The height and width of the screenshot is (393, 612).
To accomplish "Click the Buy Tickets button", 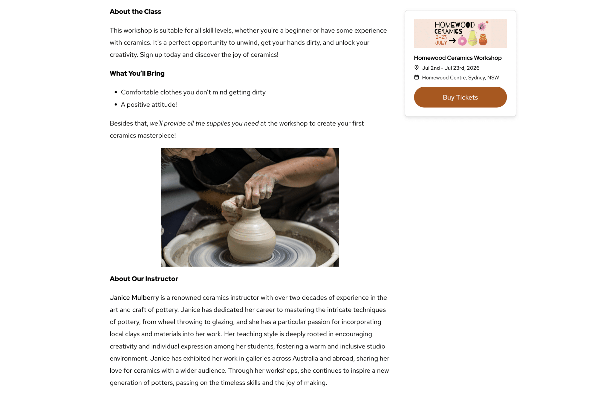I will pyautogui.click(x=460, y=97).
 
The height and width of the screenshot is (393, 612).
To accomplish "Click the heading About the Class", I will pyautogui.click(x=135, y=12).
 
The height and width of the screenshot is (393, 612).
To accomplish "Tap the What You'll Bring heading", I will pyautogui.click(x=137, y=73).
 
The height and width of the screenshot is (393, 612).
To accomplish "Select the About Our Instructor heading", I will pyautogui.click(x=144, y=279).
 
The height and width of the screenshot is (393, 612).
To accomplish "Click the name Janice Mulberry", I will pyautogui.click(x=134, y=297).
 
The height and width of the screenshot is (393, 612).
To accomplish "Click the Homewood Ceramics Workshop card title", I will pyautogui.click(x=458, y=58).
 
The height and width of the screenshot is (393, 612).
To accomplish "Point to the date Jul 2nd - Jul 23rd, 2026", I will pyautogui.click(x=450, y=68).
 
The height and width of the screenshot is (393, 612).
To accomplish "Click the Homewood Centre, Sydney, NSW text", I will pyautogui.click(x=460, y=77).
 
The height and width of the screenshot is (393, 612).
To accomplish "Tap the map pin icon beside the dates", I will pyautogui.click(x=416, y=68).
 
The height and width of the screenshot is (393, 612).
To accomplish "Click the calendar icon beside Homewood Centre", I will pyautogui.click(x=416, y=77).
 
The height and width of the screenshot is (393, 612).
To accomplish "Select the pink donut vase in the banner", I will pyautogui.click(x=462, y=41).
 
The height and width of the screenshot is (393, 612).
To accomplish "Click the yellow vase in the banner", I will pyautogui.click(x=472, y=38).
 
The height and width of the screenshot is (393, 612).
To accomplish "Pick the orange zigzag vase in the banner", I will pyautogui.click(x=483, y=39).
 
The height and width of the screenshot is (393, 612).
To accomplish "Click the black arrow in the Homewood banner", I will pyautogui.click(x=452, y=41).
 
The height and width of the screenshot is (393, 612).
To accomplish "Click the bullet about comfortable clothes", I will pyautogui.click(x=193, y=92).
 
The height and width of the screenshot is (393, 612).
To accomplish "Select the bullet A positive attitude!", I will pyautogui.click(x=149, y=105).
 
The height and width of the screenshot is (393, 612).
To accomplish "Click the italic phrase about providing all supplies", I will pyautogui.click(x=204, y=123).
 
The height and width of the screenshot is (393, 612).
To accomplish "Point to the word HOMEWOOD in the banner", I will pyautogui.click(x=454, y=25).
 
